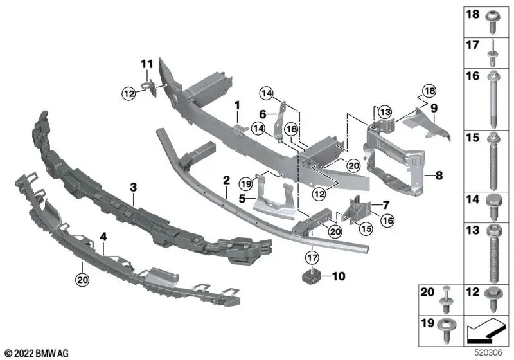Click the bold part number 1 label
click(236, 104)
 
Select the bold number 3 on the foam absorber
click(133, 187)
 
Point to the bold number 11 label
click(147, 64)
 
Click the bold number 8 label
click(438, 174)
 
